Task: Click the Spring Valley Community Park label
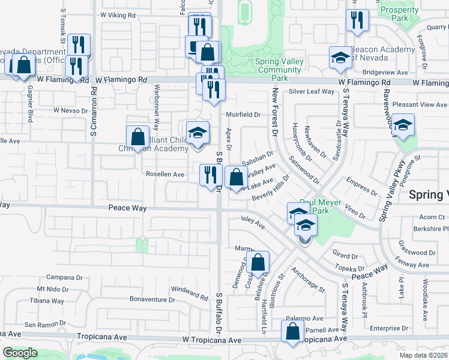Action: pyautogui.click(x=277, y=70)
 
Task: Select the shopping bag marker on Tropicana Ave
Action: pyautogui.click(x=292, y=332)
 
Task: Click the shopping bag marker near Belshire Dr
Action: pyautogui.click(x=258, y=262)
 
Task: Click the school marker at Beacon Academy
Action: pyautogui.click(x=340, y=58)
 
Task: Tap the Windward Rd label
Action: pyautogui.click(x=189, y=292)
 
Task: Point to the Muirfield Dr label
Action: pyautogui.click(x=243, y=114)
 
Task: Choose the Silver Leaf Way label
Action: pyautogui.click(x=311, y=91)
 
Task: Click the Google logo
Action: pyautogui.click(x=20, y=353)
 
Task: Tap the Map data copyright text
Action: pyautogui.click(x=424, y=355)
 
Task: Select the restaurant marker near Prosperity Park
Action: pyautogui.click(x=357, y=22)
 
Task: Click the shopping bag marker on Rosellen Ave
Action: pyautogui.click(x=237, y=178)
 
